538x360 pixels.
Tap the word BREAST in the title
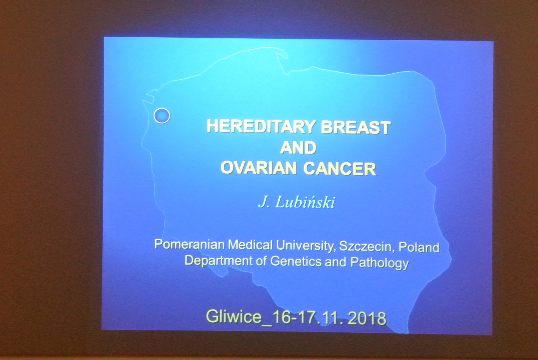356,127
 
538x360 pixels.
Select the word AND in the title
298,148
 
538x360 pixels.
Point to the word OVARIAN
259,168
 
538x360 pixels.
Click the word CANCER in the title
340,169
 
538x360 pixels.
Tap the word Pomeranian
190,244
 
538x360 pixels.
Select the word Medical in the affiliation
250,245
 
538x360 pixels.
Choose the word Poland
419,248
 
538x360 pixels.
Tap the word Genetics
296,261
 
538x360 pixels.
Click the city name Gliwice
234,316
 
